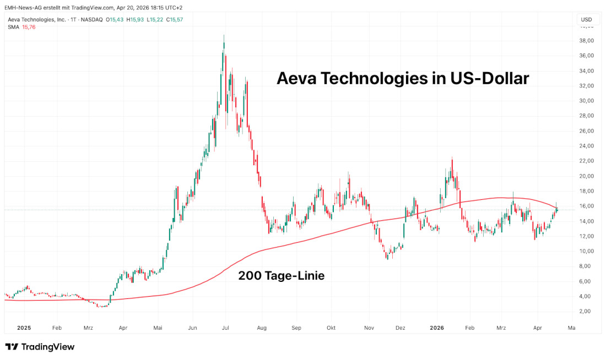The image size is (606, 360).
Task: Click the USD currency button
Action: point(586,20)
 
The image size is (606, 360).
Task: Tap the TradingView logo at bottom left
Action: point(40,347)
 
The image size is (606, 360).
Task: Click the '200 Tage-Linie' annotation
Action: point(281,276)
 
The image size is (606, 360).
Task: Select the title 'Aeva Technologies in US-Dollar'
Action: point(402,78)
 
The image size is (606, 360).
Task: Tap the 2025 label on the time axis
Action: point(23,328)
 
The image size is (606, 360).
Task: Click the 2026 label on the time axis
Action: point(437,328)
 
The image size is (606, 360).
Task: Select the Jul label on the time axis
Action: point(226,328)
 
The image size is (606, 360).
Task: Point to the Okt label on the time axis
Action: point(331,328)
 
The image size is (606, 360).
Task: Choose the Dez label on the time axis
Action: point(401,328)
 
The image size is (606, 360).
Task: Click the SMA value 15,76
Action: point(29,27)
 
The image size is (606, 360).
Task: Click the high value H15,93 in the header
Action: point(135,20)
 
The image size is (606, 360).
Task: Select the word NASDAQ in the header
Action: point(92,20)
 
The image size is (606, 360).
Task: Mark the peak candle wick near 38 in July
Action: point(224,36)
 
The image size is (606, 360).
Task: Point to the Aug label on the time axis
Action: point(262,328)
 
